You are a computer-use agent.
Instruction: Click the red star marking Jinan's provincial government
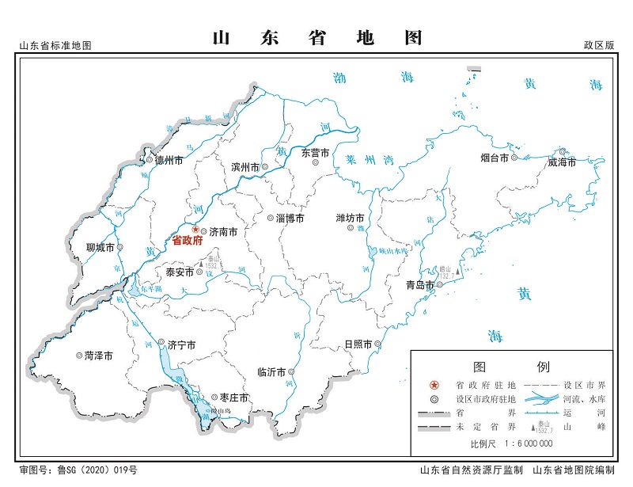click(x=196, y=230)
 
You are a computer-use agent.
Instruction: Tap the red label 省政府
click(x=188, y=241)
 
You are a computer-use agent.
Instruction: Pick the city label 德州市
click(x=169, y=160)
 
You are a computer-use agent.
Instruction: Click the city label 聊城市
click(x=100, y=247)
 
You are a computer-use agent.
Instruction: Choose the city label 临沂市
click(x=272, y=371)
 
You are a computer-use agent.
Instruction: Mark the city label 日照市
click(x=358, y=344)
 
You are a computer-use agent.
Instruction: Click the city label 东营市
click(x=314, y=153)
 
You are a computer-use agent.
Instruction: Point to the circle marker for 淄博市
click(x=271, y=218)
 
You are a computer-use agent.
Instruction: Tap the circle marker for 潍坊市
click(x=351, y=229)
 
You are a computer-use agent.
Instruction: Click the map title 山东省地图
click(x=318, y=38)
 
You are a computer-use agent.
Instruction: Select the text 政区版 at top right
click(x=599, y=45)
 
